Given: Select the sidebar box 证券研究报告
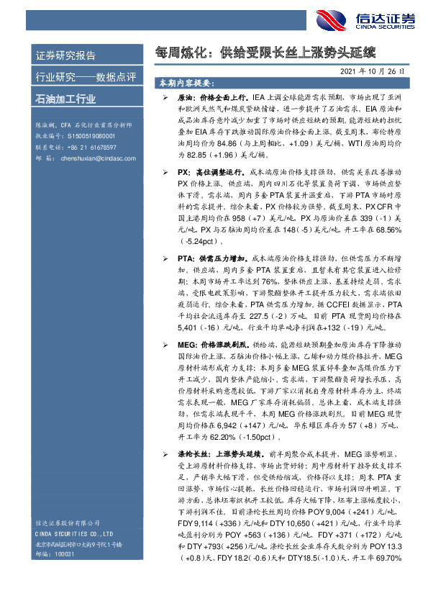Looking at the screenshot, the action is (x=65, y=55).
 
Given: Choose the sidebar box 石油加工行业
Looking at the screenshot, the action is (x=65, y=99).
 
